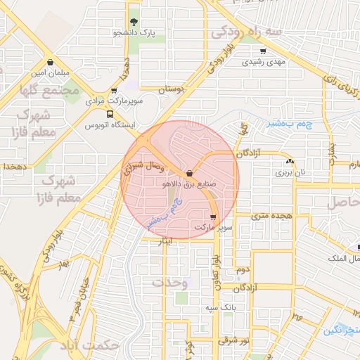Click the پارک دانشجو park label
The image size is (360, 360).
coord(134,32)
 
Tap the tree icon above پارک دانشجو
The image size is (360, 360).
coord(134,22)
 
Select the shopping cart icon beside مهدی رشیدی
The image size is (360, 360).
coord(263,51)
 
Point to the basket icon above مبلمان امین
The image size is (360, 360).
coord(49,62)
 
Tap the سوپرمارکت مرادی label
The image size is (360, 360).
coord(115,101)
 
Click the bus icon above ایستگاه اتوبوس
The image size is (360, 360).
coord(110,114)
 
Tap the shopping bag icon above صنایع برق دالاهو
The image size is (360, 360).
coord(191,174)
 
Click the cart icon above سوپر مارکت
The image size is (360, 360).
coord(212,217)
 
